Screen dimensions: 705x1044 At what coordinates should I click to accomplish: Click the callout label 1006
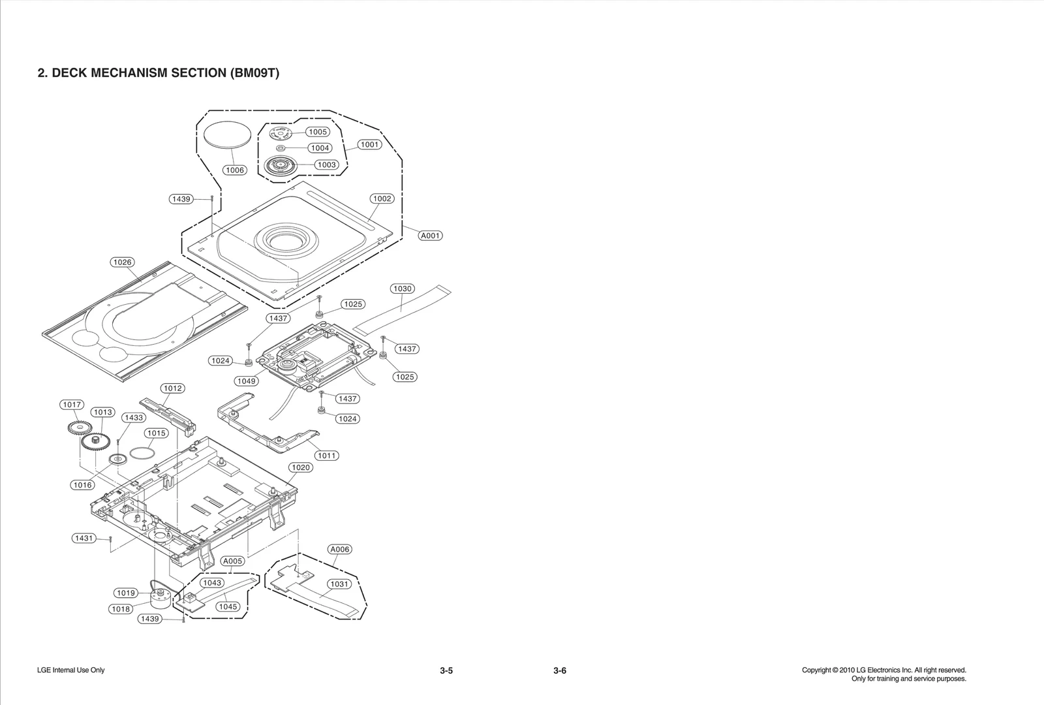234,170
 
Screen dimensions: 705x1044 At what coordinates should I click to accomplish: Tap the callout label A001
430,236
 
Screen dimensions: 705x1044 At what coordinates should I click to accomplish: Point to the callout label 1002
382,198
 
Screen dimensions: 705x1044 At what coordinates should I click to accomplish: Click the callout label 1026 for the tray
122,262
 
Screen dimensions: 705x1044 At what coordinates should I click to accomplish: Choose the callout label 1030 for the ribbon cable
403,289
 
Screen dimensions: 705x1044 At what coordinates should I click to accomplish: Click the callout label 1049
247,381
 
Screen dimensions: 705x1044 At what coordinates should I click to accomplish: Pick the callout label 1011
327,456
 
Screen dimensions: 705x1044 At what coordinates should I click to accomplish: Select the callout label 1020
301,467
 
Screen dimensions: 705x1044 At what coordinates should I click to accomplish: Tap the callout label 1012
173,388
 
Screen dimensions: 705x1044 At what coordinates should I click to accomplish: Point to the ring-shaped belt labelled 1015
142,452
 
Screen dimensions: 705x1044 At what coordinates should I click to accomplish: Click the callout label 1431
84,539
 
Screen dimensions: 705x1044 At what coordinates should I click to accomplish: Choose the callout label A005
232,561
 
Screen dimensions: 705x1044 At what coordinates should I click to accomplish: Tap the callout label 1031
339,584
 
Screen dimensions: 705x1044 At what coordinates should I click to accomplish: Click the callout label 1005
318,132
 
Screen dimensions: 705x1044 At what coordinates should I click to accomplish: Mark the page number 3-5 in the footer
446,671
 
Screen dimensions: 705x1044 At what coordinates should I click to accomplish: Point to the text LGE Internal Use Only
71,670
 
